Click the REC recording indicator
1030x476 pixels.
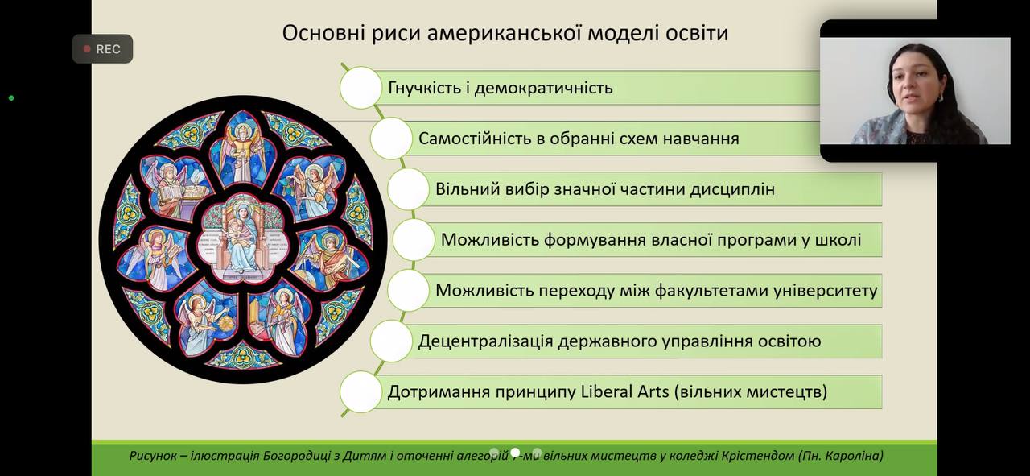click(102, 49)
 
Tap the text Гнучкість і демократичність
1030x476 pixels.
click(501, 88)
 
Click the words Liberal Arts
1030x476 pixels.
click(625, 391)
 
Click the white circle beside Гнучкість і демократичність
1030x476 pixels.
click(361, 88)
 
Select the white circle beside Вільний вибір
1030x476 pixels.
click(409, 189)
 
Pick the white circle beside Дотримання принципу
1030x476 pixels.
click(361, 391)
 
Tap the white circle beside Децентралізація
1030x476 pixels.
click(391, 341)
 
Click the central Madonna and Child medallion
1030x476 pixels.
click(243, 238)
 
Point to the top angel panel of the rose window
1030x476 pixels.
click(242, 148)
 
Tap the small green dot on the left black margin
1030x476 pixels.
click(11, 98)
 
